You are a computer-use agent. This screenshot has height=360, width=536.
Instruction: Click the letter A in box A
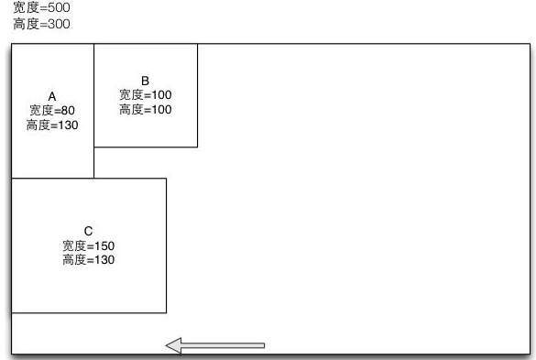[52, 96]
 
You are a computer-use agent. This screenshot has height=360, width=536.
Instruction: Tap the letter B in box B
[145, 81]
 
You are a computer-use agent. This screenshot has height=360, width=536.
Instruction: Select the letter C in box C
[88, 231]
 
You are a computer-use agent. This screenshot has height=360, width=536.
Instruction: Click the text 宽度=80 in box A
[52, 110]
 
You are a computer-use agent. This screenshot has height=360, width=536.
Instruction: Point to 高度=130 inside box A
[52, 125]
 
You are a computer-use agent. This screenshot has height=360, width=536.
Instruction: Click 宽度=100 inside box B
[145, 94]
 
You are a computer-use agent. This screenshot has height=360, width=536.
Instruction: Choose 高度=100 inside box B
[145, 110]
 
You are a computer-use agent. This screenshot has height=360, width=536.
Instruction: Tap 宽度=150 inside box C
[88, 245]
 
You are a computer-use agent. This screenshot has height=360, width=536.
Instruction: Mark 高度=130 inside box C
[88, 260]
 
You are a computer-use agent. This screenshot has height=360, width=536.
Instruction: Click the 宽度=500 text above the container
[41, 8]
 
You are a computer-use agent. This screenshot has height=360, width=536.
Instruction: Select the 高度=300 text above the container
[41, 24]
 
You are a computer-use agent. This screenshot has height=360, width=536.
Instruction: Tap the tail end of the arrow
[263, 345]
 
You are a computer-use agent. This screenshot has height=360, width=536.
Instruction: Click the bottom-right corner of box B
[197, 147]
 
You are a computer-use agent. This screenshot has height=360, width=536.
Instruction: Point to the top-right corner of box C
[166, 178]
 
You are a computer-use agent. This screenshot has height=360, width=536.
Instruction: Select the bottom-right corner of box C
[166, 313]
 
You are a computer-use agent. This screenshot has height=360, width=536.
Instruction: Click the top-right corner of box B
[197, 43]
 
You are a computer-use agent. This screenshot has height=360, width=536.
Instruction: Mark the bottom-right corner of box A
[93, 178]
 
